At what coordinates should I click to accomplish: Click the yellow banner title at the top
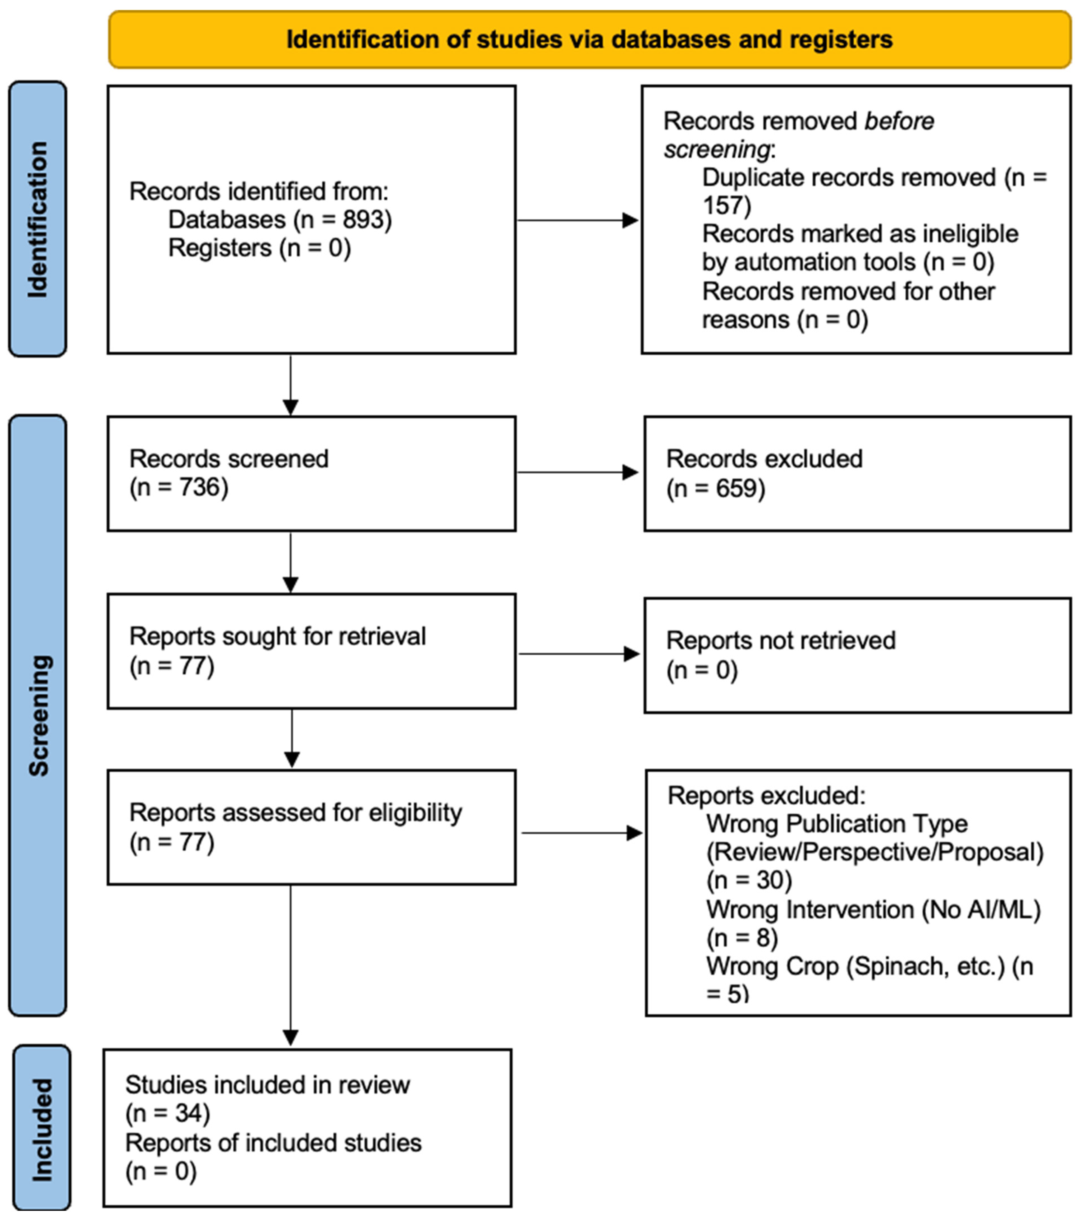pos(589,39)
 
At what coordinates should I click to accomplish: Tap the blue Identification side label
pos(38,220)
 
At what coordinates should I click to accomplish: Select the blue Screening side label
pos(38,716)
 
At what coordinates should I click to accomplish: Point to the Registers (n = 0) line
pos(260,248)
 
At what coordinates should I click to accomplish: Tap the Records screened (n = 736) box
pos(311,473)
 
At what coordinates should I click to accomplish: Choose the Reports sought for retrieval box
pos(311,651)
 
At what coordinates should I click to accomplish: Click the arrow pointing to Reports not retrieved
pos(579,654)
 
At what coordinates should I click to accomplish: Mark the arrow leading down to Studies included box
pos(291,965)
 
